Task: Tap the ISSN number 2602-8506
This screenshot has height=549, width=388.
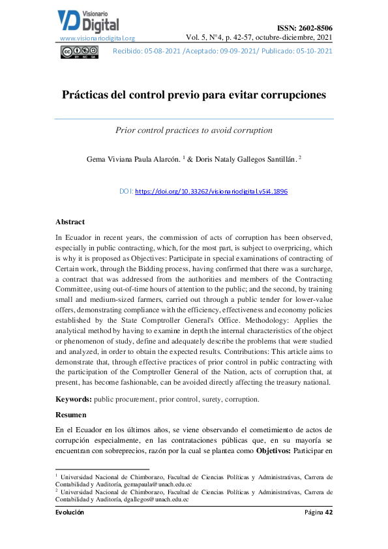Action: tap(305, 27)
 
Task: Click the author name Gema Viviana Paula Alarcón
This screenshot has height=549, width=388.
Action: tap(133, 158)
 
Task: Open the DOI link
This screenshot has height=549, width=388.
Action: tap(211, 192)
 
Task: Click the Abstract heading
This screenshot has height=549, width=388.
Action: tap(70, 222)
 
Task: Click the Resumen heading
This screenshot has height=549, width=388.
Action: tap(71, 414)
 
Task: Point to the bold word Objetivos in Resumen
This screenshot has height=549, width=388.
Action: tap(274, 451)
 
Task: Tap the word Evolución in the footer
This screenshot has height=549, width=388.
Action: tap(70, 512)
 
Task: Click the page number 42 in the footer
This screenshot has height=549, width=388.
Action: tap(329, 512)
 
